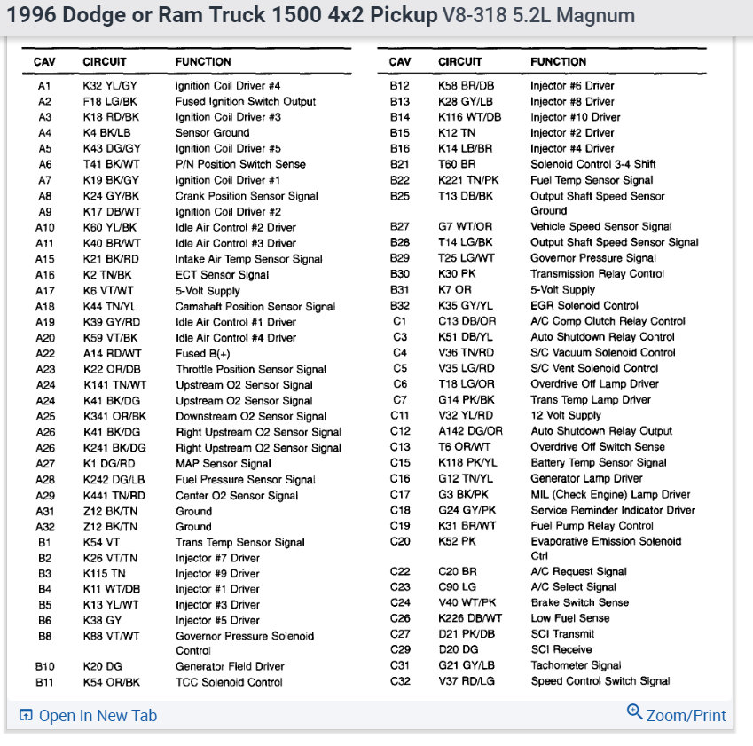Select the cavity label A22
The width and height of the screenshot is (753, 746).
[x=44, y=353]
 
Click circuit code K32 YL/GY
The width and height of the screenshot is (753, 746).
[x=110, y=86]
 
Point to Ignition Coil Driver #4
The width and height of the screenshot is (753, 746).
[x=228, y=86]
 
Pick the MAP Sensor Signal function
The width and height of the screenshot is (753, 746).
[x=223, y=463]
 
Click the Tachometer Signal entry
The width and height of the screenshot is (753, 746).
[x=576, y=665]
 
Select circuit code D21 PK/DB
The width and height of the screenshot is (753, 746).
[x=467, y=633]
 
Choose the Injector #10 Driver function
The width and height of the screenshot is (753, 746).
[x=575, y=117]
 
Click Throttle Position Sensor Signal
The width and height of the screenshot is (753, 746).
[x=251, y=369]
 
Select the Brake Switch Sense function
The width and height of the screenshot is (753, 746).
[x=579, y=602]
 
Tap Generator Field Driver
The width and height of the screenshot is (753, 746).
[x=230, y=666]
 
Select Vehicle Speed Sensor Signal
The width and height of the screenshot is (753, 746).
[x=601, y=227]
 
